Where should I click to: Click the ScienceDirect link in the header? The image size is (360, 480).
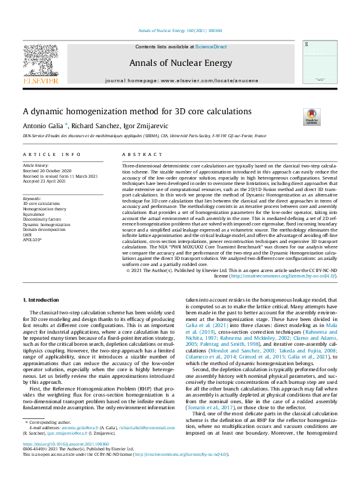click(211, 47)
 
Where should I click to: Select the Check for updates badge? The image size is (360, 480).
click(311, 117)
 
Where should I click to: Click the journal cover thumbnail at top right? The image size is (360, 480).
click(319, 62)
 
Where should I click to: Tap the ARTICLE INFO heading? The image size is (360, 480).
click(43, 155)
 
